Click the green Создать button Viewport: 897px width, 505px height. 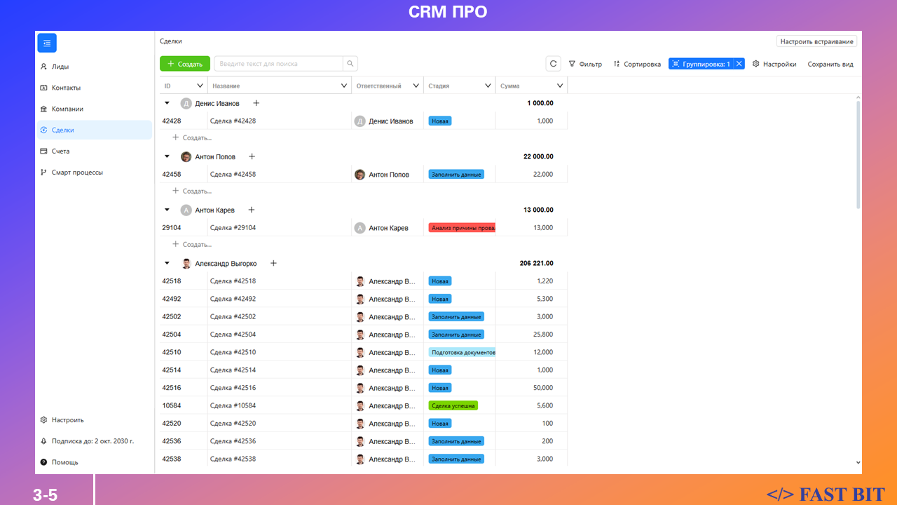pos(185,64)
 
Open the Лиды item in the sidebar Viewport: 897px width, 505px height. pos(60,67)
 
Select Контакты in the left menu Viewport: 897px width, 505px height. pos(66,88)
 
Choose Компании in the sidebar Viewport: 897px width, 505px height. pos(67,109)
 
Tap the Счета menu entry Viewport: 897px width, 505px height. pos(60,151)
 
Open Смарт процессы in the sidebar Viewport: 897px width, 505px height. pos(77,172)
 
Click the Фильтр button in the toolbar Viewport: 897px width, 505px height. pos(585,64)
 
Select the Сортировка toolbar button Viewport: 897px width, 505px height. pos(637,64)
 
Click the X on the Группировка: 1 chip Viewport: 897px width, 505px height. pos(739,64)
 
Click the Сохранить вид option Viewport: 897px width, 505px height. pos(830,64)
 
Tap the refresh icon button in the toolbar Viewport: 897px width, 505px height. pos(554,64)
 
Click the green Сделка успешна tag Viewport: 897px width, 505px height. pos(453,405)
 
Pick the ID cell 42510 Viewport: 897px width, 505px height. pos(172,352)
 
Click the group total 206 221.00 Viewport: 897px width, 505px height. pos(536,264)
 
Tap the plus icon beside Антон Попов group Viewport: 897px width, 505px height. pos(252,156)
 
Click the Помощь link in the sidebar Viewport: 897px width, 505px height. pos(64,462)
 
